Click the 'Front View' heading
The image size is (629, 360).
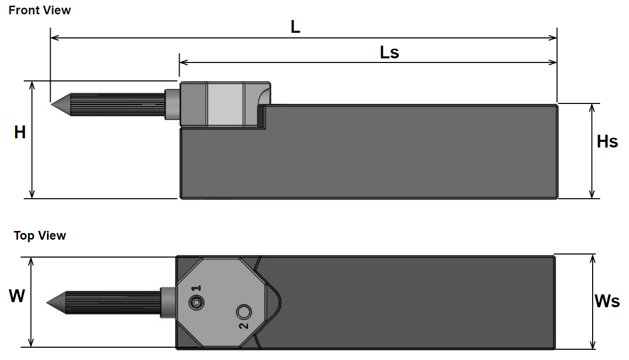coord(39,10)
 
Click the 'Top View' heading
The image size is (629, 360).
coord(40,236)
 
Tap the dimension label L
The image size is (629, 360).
coord(295,27)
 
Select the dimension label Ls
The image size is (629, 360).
coord(389,52)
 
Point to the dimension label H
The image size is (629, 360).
coord(20,132)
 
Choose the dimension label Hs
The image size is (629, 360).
coord(607,141)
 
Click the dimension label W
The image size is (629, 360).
coord(17,295)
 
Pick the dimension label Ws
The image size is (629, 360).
coord(607,301)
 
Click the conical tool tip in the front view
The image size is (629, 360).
coord(52,105)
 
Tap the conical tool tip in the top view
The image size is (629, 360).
coord(47,303)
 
